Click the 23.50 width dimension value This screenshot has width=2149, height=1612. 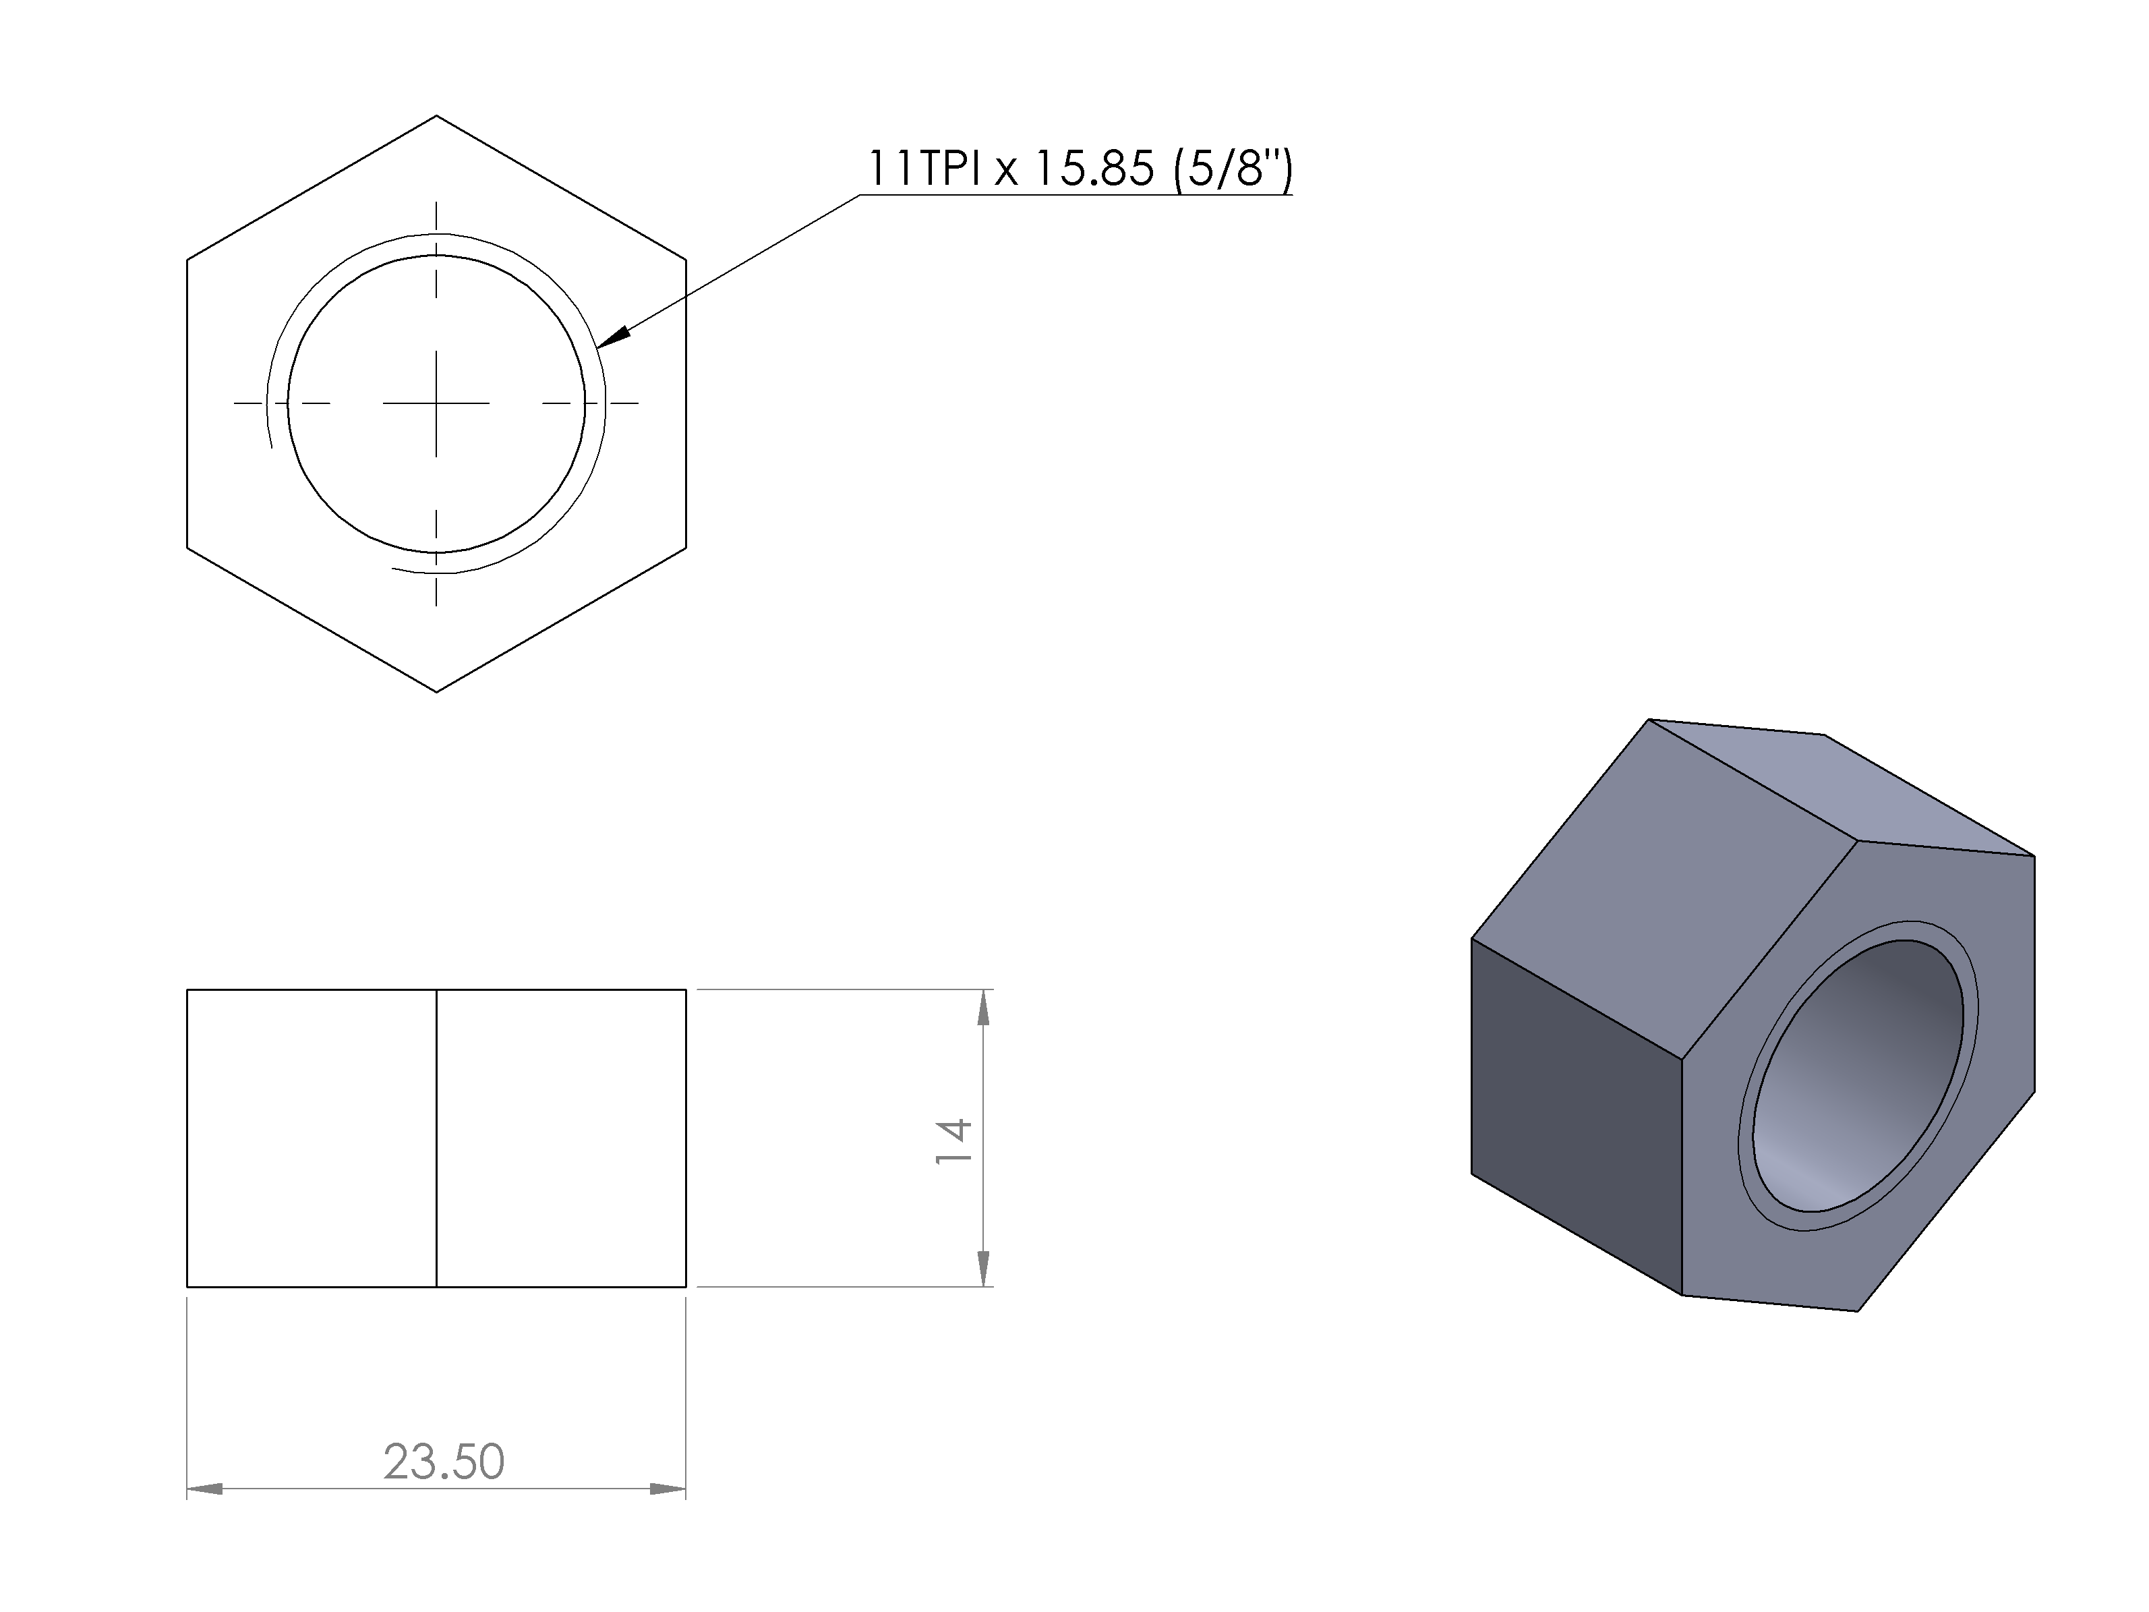pos(444,1462)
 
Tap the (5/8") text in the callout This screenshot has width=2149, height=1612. pos(1233,169)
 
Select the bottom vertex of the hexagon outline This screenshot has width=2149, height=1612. pos(436,692)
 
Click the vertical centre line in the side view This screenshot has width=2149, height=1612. pos(436,1138)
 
